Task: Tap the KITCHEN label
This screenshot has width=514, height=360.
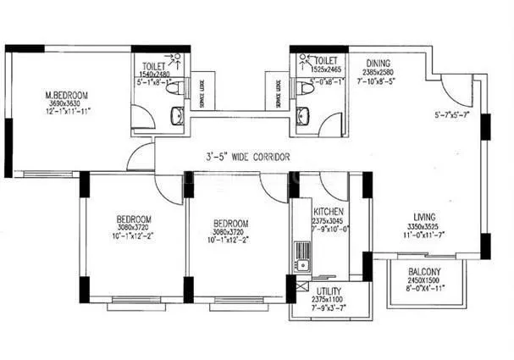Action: pyautogui.click(x=328, y=211)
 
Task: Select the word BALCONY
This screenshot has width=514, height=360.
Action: pyautogui.click(x=420, y=272)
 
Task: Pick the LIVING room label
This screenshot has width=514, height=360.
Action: pyautogui.click(x=417, y=216)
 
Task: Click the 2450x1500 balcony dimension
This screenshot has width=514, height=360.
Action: pyautogui.click(x=420, y=281)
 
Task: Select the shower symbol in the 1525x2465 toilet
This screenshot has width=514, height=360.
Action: pyautogui.click(x=301, y=58)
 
